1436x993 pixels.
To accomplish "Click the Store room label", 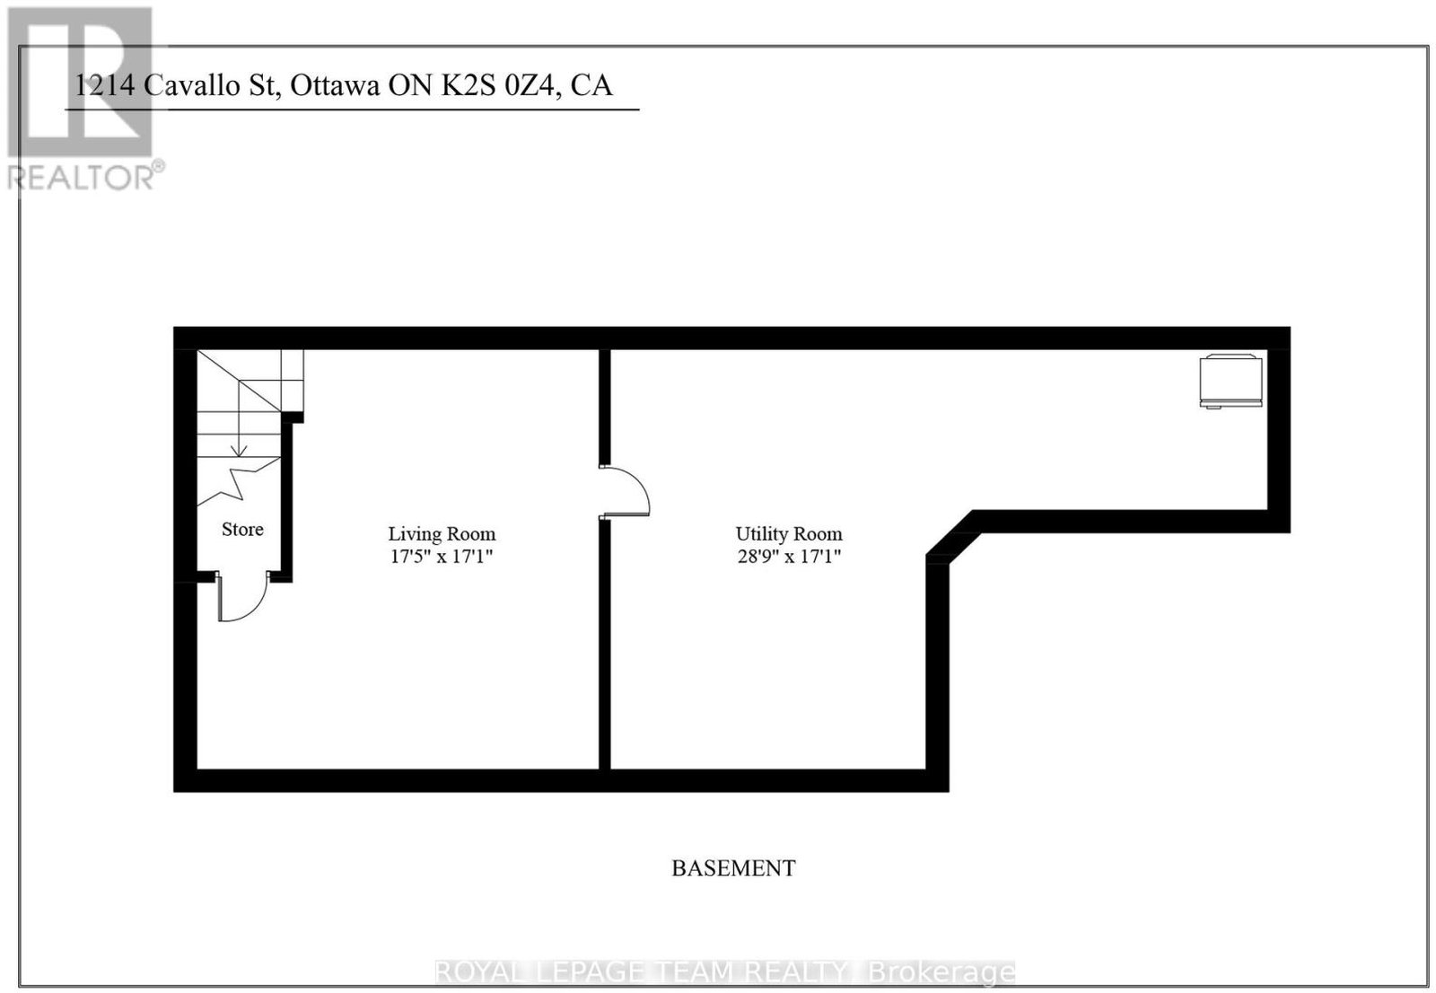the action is click(242, 529).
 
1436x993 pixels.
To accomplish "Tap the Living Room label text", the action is click(442, 533).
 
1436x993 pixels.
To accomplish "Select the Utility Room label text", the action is click(789, 533).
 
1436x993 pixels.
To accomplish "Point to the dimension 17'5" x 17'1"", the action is click(442, 556).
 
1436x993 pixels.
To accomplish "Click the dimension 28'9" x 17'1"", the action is click(789, 556).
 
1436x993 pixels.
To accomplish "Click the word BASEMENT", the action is click(733, 868).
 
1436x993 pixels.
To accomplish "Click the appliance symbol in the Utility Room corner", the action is click(1230, 381).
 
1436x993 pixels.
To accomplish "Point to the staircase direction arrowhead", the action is click(239, 452).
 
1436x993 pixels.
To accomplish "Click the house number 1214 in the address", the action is click(105, 85).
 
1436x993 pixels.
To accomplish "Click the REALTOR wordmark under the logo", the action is click(82, 177).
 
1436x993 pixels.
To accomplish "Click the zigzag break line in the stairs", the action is click(239, 481).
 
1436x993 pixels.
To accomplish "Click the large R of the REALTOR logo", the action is click(80, 82).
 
